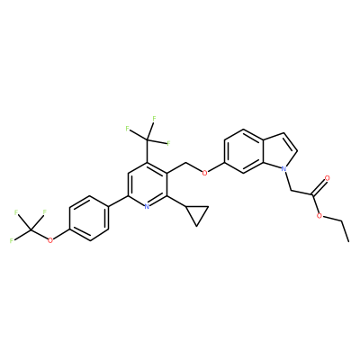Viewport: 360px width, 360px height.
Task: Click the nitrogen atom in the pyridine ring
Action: [x=147, y=206]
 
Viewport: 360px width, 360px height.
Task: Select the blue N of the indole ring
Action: [x=283, y=169]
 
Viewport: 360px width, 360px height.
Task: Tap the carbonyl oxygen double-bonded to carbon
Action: [x=327, y=178]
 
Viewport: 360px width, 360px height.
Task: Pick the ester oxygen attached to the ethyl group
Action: [x=320, y=216]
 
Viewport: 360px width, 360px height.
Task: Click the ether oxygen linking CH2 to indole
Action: [x=204, y=173]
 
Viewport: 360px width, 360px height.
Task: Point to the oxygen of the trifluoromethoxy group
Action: [x=50, y=239]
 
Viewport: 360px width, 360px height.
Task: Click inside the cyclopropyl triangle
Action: [x=197, y=213]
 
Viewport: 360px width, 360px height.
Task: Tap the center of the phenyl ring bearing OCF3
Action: [x=88, y=218]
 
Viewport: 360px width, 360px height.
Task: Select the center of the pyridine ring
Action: [x=147, y=184]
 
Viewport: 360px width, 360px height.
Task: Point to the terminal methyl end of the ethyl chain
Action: [x=348, y=241]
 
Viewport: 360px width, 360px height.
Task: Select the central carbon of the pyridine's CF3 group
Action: [x=147, y=139]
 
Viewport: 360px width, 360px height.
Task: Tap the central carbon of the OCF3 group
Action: [x=31, y=230]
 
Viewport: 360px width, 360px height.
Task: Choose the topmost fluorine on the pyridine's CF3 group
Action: [x=154, y=119]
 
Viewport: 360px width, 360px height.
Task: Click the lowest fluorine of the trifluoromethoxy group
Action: [x=12, y=240]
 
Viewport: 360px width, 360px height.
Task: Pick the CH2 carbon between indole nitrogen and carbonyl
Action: [x=292, y=191]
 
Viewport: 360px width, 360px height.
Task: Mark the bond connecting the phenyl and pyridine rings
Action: [x=118, y=202]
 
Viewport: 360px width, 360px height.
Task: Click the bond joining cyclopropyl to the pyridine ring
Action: [x=176, y=201]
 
